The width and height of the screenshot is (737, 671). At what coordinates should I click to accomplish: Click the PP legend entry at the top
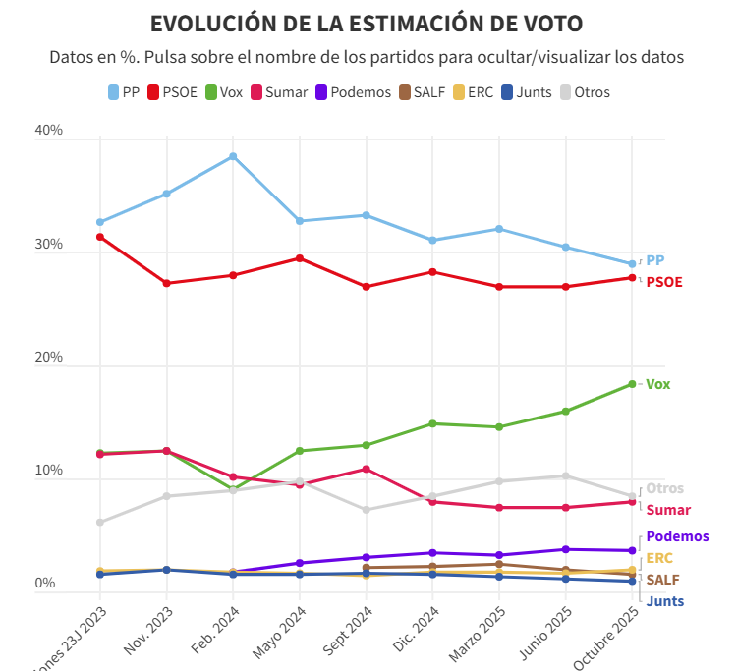123,92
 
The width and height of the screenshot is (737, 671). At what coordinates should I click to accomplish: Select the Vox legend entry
223,92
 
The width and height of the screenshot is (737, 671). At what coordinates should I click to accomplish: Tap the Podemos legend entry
352,92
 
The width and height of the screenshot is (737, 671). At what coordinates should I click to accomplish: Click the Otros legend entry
585,92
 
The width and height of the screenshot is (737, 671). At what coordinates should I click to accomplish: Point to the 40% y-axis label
49,131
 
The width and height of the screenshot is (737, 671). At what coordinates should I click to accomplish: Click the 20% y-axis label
49,358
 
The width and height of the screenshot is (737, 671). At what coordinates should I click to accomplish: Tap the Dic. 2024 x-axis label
414,634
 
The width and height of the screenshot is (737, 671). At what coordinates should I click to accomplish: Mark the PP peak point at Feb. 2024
233,156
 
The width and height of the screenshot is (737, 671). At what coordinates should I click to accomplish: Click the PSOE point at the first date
100,237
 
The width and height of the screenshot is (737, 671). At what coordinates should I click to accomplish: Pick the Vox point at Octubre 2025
632,384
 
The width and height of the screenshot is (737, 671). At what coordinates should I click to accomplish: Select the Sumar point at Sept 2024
366,469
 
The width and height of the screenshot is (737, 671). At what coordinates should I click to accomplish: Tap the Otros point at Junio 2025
565,475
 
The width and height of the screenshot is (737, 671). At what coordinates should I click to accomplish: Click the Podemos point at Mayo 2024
300,563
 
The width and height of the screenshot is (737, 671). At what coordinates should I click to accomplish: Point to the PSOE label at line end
663,282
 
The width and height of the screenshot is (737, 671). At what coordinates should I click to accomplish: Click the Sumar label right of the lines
667,510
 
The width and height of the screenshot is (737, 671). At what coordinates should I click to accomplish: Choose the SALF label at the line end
662,580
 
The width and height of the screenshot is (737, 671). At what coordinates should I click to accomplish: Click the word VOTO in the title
547,24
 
